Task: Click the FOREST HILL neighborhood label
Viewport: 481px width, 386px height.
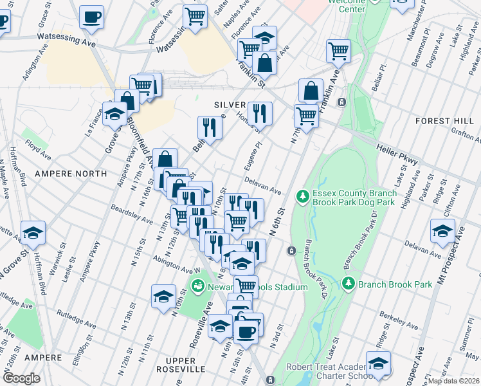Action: coord(443,120)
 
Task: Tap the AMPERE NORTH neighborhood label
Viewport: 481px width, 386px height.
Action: coord(71,174)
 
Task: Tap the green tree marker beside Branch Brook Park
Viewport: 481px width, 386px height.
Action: coord(349,283)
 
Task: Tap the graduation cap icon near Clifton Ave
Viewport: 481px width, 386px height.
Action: coord(443,231)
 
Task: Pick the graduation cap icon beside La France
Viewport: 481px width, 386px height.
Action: coord(114,114)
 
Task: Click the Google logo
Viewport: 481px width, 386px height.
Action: coord(21,378)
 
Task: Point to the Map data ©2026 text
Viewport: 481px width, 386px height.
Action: coord(454,381)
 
